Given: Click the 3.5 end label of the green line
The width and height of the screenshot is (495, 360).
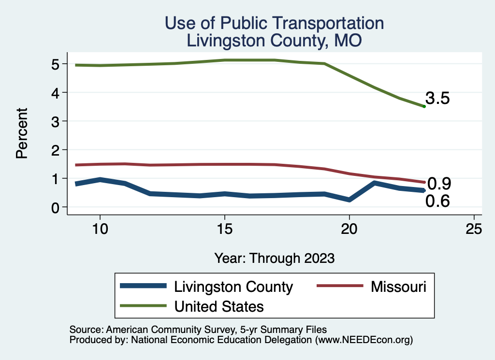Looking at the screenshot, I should [437, 99].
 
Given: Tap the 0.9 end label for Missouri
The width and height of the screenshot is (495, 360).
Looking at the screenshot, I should [439, 184].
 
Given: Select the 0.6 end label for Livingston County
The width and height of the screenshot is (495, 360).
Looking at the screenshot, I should [437, 201].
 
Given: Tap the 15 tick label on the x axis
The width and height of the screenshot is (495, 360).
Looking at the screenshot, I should [224, 229].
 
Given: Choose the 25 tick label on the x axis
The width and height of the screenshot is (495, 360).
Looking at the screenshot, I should [474, 229].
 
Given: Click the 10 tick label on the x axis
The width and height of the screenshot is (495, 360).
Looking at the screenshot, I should [100, 229].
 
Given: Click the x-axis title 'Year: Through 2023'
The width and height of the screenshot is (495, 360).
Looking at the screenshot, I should [274, 258].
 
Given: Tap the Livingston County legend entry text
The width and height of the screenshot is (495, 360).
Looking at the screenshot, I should [233, 287].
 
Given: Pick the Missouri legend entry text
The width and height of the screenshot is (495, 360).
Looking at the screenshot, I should [399, 287].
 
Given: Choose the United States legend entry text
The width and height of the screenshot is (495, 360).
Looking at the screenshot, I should [219, 306].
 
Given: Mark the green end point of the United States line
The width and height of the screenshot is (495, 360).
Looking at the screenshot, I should [424, 106].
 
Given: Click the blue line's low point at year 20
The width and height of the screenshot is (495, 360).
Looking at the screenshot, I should [349, 200].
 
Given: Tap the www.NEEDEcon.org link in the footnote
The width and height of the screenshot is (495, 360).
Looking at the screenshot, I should [364, 340].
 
